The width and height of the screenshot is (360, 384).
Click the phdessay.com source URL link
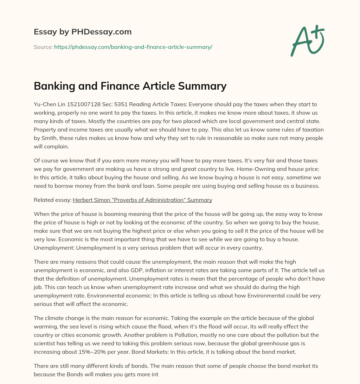point(133,47)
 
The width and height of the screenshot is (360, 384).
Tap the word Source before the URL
point(43,47)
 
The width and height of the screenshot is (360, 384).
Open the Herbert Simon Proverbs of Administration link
point(142,200)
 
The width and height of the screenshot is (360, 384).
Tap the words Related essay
point(52,200)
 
